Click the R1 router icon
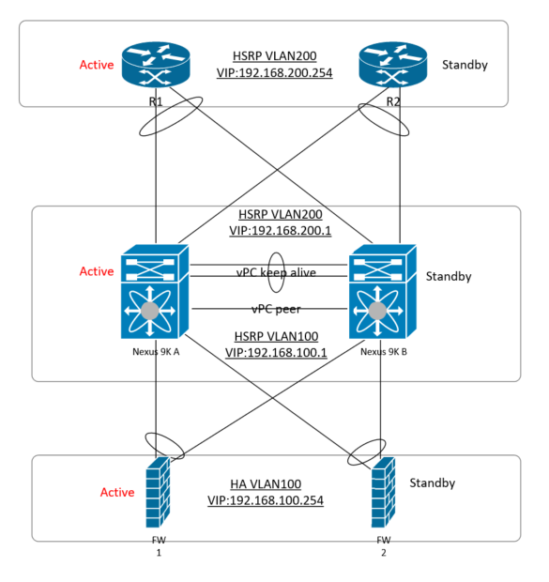pyautogui.click(x=155, y=63)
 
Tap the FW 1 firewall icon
pyautogui.click(x=158, y=493)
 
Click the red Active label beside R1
pyautogui.click(x=97, y=66)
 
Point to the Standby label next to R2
pyautogui.click(x=465, y=66)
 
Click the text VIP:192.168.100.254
pyautogui.click(x=266, y=500)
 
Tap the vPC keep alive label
pyautogui.click(x=276, y=272)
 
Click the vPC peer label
pyautogui.click(x=274, y=309)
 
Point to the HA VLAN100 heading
pyautogui.click(x=266, y=484)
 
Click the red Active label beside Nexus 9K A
pyautogui.click(x=97, y=271)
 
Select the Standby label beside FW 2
pyautogui.click(x=433, y=482)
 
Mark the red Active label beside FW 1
pyautogui.click(x=118, y=492)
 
